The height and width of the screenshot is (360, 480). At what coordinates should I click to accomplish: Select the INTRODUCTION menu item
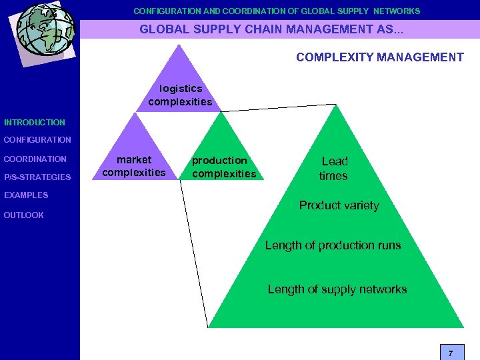tap(35, 123)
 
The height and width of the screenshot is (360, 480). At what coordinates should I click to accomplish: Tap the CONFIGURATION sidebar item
tap(37, 140)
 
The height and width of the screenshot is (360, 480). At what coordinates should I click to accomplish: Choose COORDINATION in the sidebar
tap(35, 159)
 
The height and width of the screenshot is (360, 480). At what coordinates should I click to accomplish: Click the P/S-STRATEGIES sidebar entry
tap(37, 177)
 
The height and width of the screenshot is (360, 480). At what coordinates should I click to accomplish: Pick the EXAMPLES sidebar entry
tap(26, 195)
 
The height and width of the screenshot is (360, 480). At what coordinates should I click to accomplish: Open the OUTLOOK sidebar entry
tap(23, 215)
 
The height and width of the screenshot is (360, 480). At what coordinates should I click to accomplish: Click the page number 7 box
tap(451, 352)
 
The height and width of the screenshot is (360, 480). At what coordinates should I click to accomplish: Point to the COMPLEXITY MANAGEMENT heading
tap(380, 57)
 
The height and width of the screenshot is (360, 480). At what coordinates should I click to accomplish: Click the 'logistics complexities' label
tap(180, 95)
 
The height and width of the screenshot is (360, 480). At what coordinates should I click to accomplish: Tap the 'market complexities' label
tap(134, 166)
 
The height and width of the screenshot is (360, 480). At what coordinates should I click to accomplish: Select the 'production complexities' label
tap(223, 167)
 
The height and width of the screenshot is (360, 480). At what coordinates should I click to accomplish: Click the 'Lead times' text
tap(334, 168)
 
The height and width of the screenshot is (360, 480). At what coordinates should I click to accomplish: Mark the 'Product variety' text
tap(339, 205)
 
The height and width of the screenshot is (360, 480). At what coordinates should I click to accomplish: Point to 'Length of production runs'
tap(333, 245)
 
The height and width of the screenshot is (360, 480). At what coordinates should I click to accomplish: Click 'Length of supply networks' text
tap(337, 289)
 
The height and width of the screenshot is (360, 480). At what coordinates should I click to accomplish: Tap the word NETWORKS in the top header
tap(397, 11)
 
